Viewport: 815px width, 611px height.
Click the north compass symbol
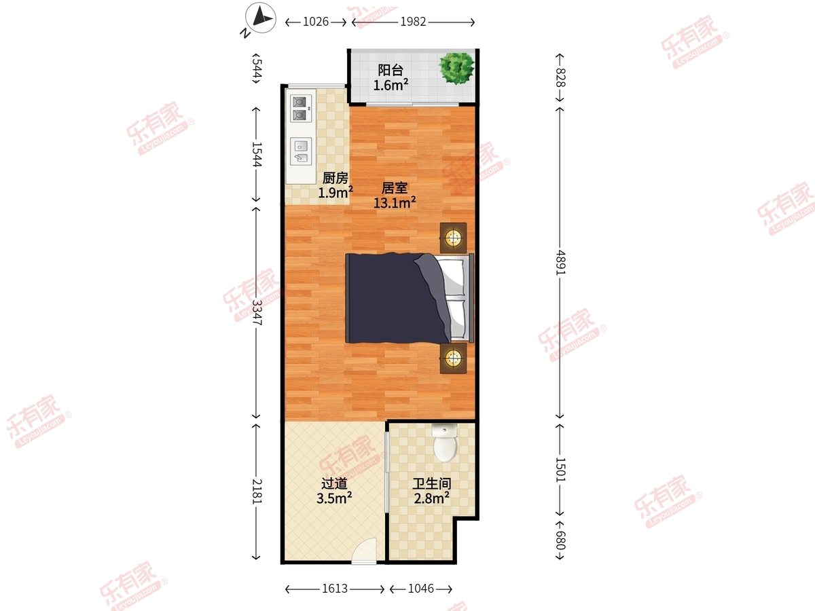pyautogui.click(x=260, y=18)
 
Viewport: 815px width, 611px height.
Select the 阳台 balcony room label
pyautogui.click(x=391, y=70)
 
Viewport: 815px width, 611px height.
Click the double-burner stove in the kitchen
pyautogui.click(x=300, y=109)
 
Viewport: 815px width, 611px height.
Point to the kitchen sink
pyautogui.click(x=300, y=151)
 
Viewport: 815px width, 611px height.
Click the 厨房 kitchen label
pyautogui.click(x=336, y=178)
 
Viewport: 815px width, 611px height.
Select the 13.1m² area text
pyautogui.click(x=395, y=203)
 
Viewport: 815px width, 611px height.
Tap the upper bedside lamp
pyautogui.click(x=453, y=238)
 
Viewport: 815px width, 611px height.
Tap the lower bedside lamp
pyautogui.click(x=453, y=358)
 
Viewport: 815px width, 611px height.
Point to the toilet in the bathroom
pyautogui.click(x=445, y=443)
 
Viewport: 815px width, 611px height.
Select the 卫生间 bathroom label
pyautogui.click(x=432, y=483)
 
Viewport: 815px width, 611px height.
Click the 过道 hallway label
pyautogui.click(x=334, y=483)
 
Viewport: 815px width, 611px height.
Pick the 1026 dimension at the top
pyautogui.click(x=316, y=22)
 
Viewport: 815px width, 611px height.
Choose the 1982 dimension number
pyautogui.click(x=413, y=22)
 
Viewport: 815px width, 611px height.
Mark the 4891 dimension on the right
pyautogui.click(x=560, y=263)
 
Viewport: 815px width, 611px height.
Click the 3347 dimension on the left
pyautogui.click(x=257, y=312)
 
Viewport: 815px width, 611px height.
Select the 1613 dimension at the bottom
pyautogui.click(x=335, y=589)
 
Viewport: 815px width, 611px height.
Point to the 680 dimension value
pyautogui.click(x=560, y=540)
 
